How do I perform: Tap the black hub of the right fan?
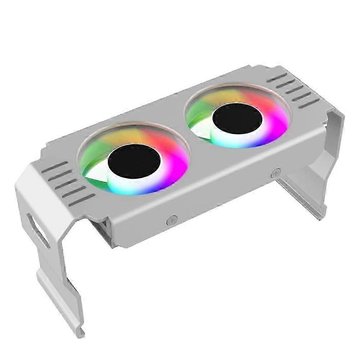click(237, 120)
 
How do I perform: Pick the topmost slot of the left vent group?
click(57, 166)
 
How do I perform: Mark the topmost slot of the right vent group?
click(277, 77)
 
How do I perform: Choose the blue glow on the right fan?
click(259, 142)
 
